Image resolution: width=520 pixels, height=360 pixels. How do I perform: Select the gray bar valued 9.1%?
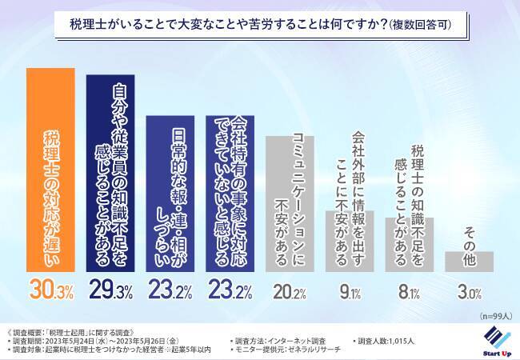(x=349, y=241)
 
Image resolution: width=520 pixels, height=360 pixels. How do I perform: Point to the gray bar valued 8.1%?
(x=409, y=244)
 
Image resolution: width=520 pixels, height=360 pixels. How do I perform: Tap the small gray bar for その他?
(x=469, y=261)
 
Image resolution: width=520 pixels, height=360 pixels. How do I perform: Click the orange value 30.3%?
(x=51, y=290)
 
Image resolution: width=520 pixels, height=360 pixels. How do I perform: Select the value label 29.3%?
(x=110, y=290)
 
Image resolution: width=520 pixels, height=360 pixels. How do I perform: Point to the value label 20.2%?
(x=290, y=290)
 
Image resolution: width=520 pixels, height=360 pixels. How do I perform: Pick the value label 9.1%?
(x=349, y=290)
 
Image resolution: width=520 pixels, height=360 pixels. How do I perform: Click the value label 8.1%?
(x=409, y=290)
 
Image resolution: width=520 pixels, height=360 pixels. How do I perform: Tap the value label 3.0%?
(x=469, y=290)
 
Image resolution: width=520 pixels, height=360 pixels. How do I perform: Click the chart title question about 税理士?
(x=260, y=26)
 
